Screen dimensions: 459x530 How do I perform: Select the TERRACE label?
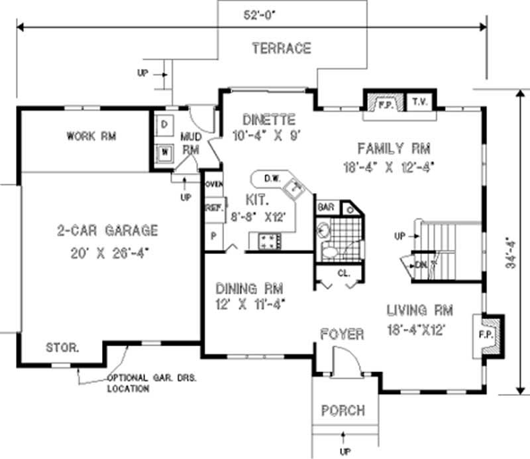pyautogui.click(x=281, y=48)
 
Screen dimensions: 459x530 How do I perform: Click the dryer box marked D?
pyautogui.click(x=164, y=124)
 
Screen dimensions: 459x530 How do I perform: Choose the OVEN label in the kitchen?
pyautogui.click(x=213, y=184)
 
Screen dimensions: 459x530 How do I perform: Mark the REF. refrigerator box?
pyautogui.click(x=213, y=208)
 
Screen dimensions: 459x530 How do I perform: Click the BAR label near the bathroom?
pyautogui.click(x=326, y=207)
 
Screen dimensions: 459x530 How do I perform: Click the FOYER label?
pyautogui.click(x=342, y=334)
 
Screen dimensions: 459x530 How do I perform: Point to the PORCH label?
pyautogui.click(x=343, y=411)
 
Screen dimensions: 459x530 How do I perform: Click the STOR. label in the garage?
pyautogui.click(x=63, y=347)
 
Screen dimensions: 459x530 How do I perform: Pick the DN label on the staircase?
pyautogui.click(x=421, y=265)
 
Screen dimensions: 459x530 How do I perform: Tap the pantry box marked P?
pyautogui.click(x=213, y=235)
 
